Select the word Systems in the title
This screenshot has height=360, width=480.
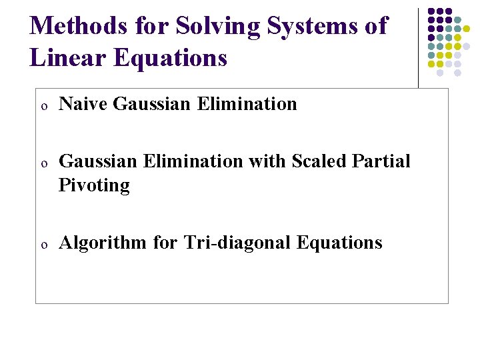[x=311, y=26]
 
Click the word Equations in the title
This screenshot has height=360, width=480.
[x=171, y=58]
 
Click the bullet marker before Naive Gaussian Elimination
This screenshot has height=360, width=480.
[x=42, y=105]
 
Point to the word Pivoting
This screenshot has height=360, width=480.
[x=94, y=185]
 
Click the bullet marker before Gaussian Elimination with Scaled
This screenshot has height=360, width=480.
[x=42, y=163]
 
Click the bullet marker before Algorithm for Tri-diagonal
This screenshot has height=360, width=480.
[x=42, y=244]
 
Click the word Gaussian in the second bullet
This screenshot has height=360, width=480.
[x=97, y=161]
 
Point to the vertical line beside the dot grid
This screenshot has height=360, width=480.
[x=419, y=47]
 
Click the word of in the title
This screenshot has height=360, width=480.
[x=375, y=26]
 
